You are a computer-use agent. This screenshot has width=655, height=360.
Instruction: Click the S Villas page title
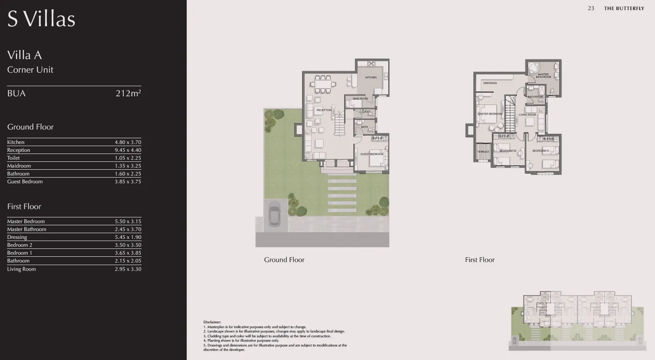41,19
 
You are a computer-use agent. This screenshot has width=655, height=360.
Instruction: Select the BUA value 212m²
128,93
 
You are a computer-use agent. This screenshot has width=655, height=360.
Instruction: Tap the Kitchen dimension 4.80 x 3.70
128,142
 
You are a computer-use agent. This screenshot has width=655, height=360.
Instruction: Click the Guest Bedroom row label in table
25,182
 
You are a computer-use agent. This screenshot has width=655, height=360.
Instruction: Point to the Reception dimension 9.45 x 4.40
128,150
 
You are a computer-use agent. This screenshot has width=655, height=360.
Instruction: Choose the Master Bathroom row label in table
27,229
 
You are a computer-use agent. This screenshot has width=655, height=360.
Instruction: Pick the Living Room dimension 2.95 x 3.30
128,269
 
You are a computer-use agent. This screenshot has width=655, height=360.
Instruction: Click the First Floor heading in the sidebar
24,206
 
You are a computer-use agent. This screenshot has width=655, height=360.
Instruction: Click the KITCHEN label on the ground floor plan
371,77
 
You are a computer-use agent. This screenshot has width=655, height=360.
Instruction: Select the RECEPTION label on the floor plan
324,110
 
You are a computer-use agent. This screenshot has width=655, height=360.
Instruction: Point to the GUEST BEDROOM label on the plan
372,154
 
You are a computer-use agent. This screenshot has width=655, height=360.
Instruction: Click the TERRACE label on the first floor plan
483,152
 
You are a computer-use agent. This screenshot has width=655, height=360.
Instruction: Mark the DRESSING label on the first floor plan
490,83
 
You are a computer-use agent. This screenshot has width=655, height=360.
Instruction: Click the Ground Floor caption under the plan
284,260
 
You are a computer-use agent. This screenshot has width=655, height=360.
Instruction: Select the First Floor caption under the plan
480,260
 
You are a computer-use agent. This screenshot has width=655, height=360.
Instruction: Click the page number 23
591,8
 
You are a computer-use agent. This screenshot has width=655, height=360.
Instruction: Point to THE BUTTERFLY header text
624,8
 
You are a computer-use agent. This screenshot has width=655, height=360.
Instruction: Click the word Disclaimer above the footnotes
212,322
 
